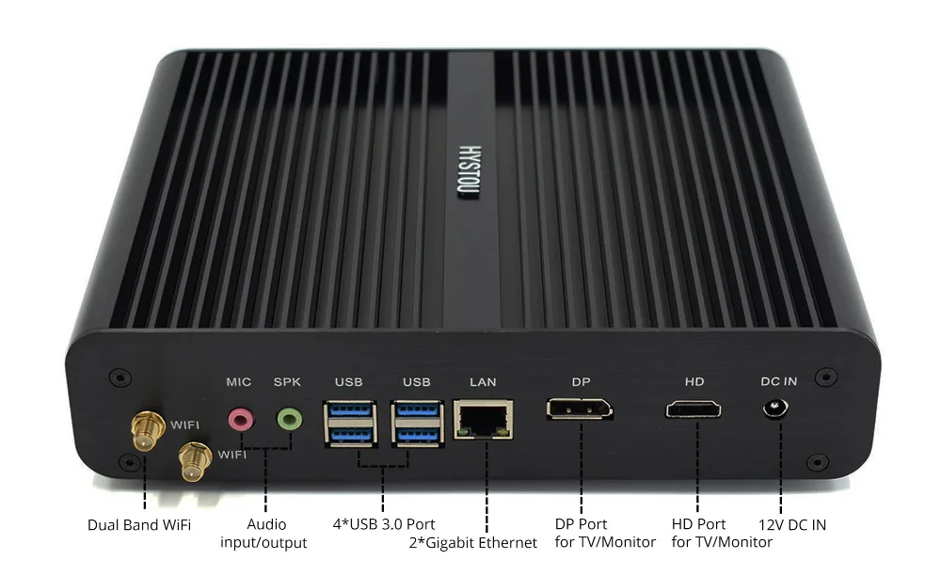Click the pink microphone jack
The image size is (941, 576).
pos(242,417)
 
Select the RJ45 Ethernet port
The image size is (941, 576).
pos(484,418)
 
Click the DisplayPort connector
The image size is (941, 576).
pos(580,409)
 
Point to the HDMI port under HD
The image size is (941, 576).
pos(694,409)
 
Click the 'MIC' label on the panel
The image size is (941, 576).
pos(239,382)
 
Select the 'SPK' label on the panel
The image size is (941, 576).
pos(287,382)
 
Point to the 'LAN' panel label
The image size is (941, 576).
pos(483,382)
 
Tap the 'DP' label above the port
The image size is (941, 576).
pos(581,382)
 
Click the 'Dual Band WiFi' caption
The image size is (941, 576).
pos(139,524)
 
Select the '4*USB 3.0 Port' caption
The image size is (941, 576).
pos(382,523)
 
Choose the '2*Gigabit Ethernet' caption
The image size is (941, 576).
pos(473,542)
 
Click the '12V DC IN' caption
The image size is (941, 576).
pos(792,524)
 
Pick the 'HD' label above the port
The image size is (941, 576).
pos(694,382)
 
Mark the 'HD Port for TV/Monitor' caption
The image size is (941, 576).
pos(722,533)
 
